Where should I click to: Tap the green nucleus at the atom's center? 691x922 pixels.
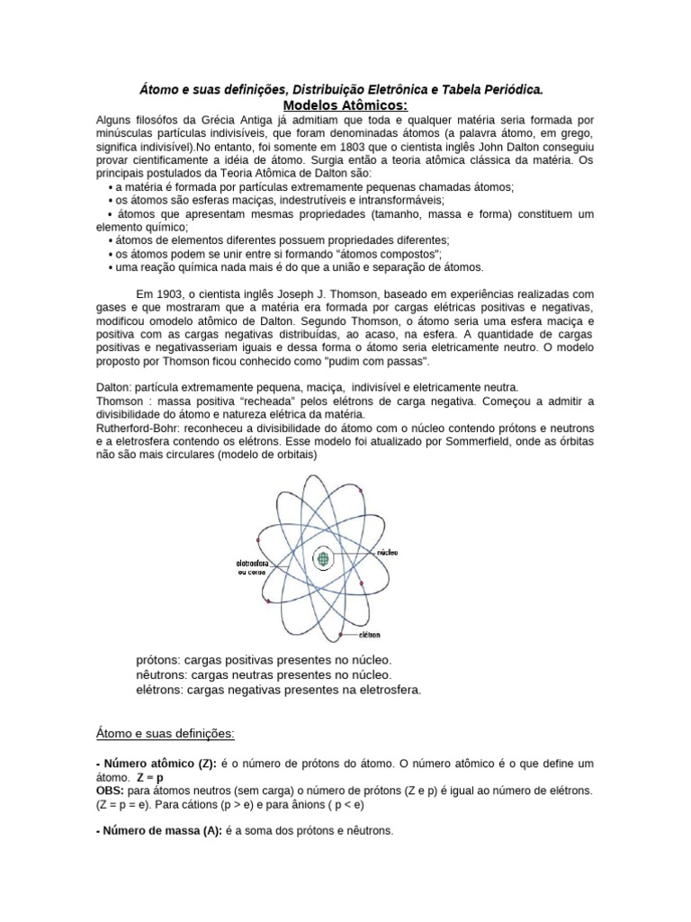click(322, 560)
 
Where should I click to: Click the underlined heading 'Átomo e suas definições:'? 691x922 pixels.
click(165, 734)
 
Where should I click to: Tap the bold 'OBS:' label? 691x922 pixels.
click(111, 790)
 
